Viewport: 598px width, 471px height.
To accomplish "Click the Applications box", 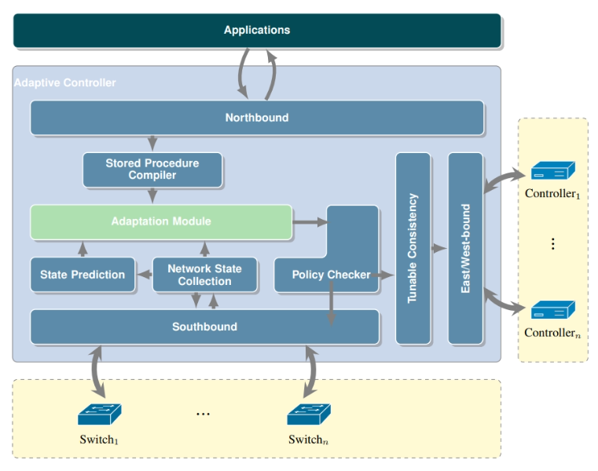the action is click(257, 31).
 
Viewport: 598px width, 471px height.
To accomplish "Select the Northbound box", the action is click(257, 118).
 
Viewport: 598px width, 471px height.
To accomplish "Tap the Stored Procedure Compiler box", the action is click(152, 170).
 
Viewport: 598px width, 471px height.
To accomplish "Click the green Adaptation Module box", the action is click(161, 222).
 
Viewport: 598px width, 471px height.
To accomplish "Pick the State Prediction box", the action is click(83, 275).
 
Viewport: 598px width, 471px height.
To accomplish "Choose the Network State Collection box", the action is click(205, 275).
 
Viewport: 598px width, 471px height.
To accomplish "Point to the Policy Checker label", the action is click(331, 275).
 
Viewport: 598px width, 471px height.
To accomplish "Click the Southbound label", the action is click(205, 327).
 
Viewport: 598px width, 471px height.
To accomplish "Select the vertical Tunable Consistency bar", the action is click(413, 249).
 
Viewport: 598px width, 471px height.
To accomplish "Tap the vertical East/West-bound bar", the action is click(465, 249).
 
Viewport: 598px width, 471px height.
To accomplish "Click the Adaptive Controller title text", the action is click(65, 82).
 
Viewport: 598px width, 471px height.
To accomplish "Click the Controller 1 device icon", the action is click(553, 170).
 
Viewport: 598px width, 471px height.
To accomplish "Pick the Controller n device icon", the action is click(553, 310).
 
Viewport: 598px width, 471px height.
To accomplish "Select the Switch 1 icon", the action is click(100, 414).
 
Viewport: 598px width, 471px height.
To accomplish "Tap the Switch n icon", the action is click(309, 414).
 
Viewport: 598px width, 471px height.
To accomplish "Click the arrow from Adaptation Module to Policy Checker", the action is click(310, 222).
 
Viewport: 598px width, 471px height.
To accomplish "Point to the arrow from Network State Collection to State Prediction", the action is click(144, 275).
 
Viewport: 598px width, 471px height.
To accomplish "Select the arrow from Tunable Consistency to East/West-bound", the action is click(438, 249).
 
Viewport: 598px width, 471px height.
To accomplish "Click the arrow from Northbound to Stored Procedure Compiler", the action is click(152, 144).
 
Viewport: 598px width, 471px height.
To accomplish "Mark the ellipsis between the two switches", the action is click(203, 414).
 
